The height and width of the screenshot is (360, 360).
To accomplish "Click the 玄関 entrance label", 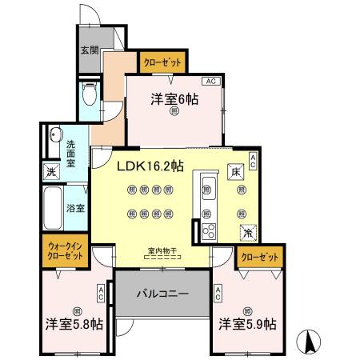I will click(88, 50).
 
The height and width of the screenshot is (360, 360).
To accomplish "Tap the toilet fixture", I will click(90, 97).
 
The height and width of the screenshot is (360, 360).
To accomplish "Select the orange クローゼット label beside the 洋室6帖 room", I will click(162, 61).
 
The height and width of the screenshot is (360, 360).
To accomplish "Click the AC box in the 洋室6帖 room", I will click(210, 82).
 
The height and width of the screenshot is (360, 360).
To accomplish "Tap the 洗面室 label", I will click(71, 151).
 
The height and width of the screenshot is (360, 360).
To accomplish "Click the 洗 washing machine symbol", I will click(50, 171).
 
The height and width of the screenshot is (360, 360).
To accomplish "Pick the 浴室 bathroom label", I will click(75, 208).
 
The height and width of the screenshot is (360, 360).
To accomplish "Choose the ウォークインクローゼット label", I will click(65, 251).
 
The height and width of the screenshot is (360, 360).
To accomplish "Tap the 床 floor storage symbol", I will click(236, 171).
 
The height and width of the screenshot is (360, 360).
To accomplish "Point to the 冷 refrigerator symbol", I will click(247, 232).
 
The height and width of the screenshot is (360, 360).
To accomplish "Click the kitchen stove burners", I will click(209, 231).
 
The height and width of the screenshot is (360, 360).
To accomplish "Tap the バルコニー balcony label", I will click(162, 293).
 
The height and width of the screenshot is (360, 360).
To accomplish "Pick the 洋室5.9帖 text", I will click(248, 324).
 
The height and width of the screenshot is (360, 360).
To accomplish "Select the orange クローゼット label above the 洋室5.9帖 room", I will click(259, 258).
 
